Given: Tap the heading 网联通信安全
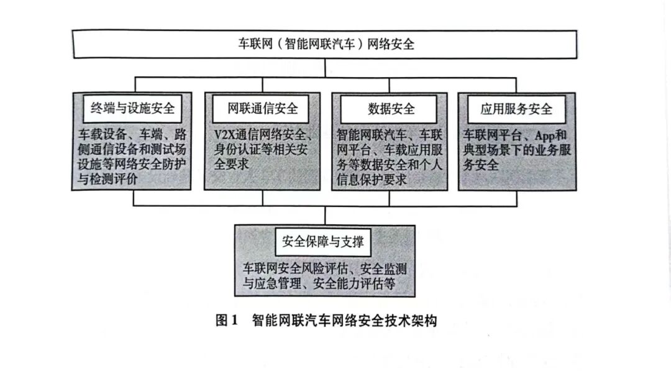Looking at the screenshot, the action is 262,109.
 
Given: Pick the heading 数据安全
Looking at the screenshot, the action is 391,109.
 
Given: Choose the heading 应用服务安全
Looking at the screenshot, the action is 516,109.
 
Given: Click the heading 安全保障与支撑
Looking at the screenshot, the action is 322,242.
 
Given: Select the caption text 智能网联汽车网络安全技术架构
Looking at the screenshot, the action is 344,321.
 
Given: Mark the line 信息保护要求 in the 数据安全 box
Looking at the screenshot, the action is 372,179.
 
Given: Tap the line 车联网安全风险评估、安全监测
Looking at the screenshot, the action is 324,269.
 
